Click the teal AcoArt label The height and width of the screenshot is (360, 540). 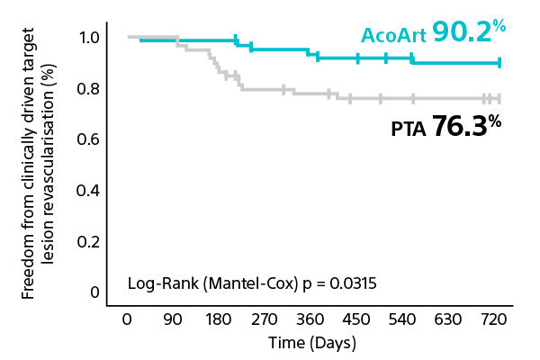click(392, 35)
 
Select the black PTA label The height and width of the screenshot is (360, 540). click(408, 129)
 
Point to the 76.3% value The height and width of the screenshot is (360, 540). click(465, 126)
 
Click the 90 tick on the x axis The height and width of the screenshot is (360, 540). click(172, 320)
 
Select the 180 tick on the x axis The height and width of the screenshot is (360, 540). click(218, 320)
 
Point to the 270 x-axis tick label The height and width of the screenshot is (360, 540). click(264, 320)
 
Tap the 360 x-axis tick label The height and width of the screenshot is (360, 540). click(310, 320)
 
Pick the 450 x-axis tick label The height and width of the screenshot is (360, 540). click(356, 320)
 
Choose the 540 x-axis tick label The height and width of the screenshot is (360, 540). click(402, 320)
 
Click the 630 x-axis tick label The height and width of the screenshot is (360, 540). click(448, 320)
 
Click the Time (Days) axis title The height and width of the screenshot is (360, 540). click(312, 343)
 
